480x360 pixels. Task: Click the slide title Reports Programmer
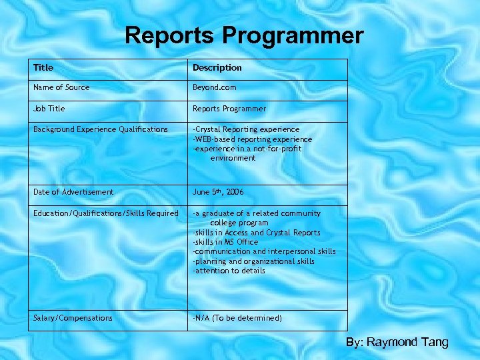[x=244, y=35]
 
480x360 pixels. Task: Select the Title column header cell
[x=43, y=68]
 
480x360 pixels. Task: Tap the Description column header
[x=217, y=68]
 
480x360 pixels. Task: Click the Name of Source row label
[x=61, y=87]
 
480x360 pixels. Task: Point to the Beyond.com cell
[x=214, y=87]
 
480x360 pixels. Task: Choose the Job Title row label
[x=49, y=109]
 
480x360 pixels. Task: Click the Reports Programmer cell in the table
[x=229, y=109]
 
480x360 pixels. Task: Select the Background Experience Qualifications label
[x=101, y=129]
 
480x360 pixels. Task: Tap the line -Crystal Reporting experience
[x=246, y=129]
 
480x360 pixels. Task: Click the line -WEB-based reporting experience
[x=252, y=139]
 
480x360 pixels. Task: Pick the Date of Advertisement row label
[x=73, y=192]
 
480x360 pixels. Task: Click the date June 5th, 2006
[x=218, y=192]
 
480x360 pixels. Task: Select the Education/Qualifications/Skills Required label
[x=106, y=213]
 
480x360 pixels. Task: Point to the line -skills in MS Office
[x=225, y=242]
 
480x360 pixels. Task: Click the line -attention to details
[x=229, y=271]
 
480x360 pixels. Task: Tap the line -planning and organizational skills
[x=253, y=261]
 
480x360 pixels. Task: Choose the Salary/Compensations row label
[x=73, y=318]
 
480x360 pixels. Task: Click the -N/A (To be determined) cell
[x=237, y=318]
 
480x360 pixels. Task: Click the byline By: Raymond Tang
[x=397, y=342]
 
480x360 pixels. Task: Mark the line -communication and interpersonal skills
[x=264, y=251]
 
